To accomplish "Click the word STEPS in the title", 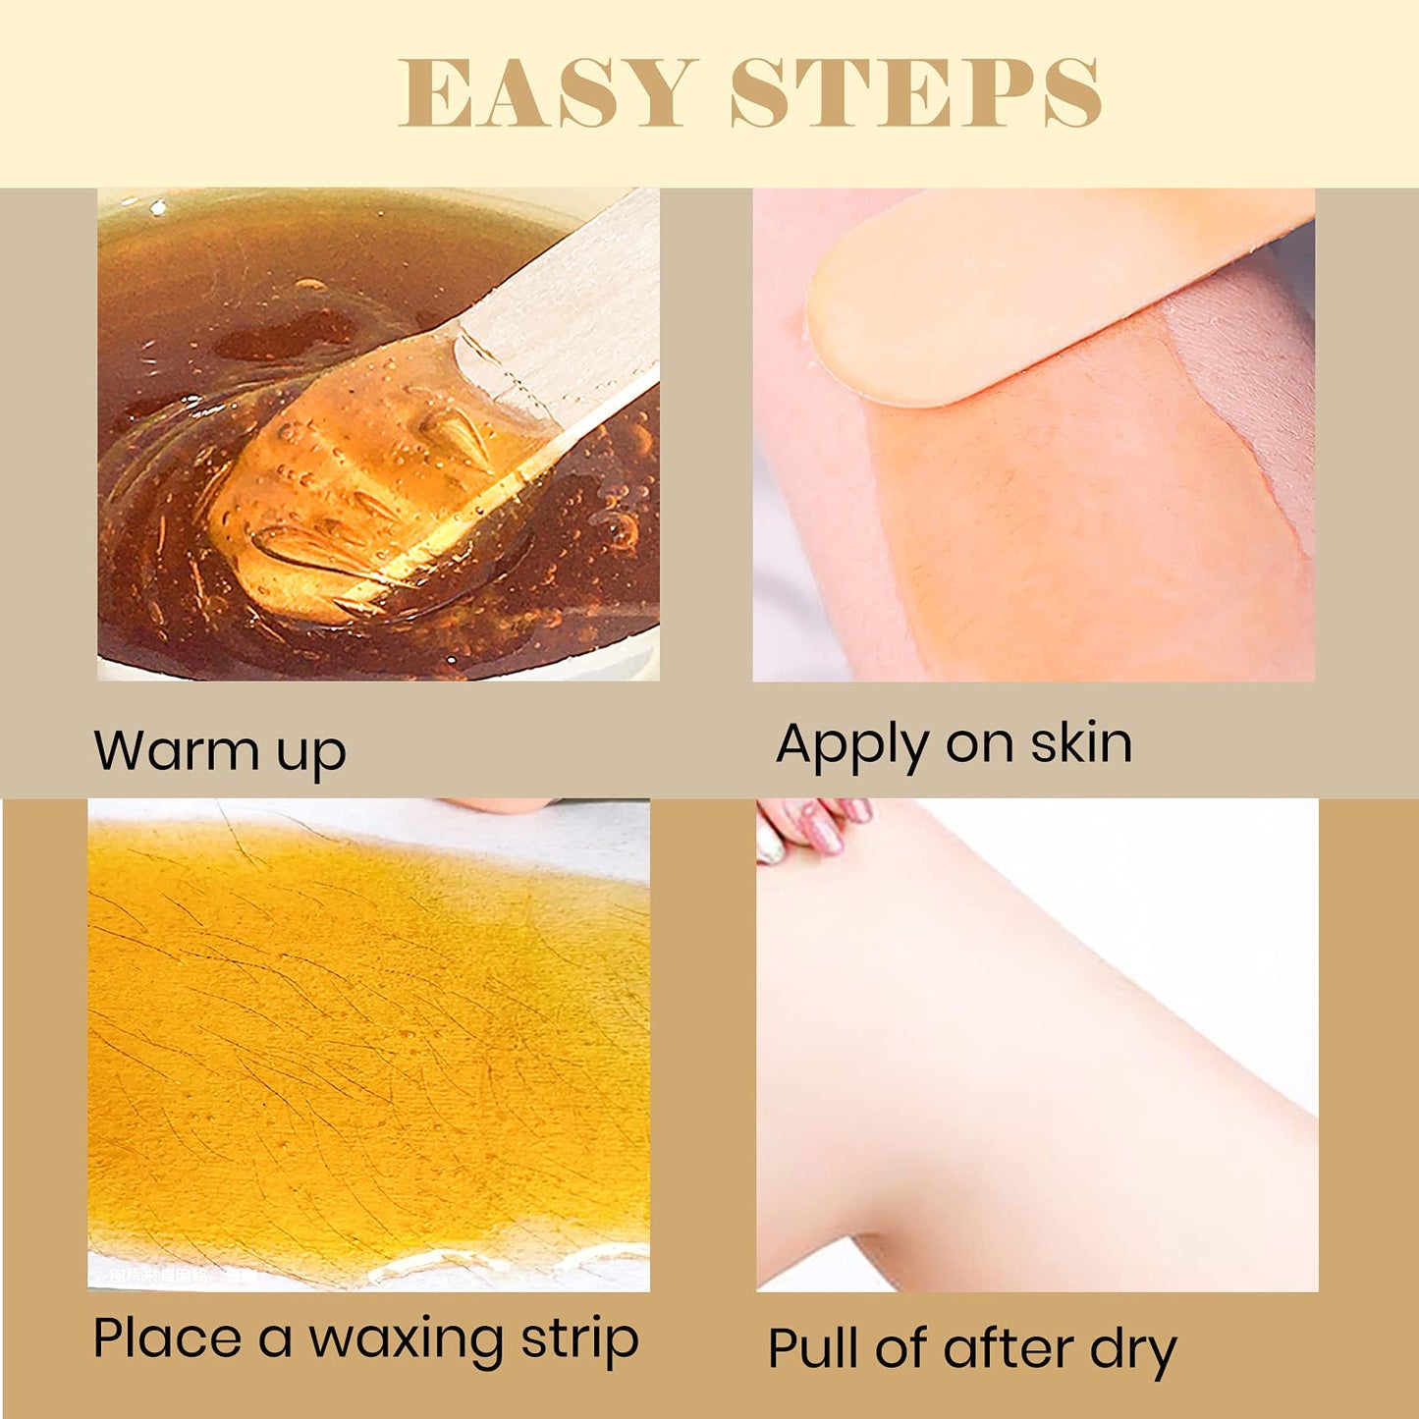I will (915, 93).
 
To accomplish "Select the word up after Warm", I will (311, 755).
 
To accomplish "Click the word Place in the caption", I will (167, 1338).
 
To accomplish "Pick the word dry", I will (1132, 1351).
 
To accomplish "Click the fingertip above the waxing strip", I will (501, 805).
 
